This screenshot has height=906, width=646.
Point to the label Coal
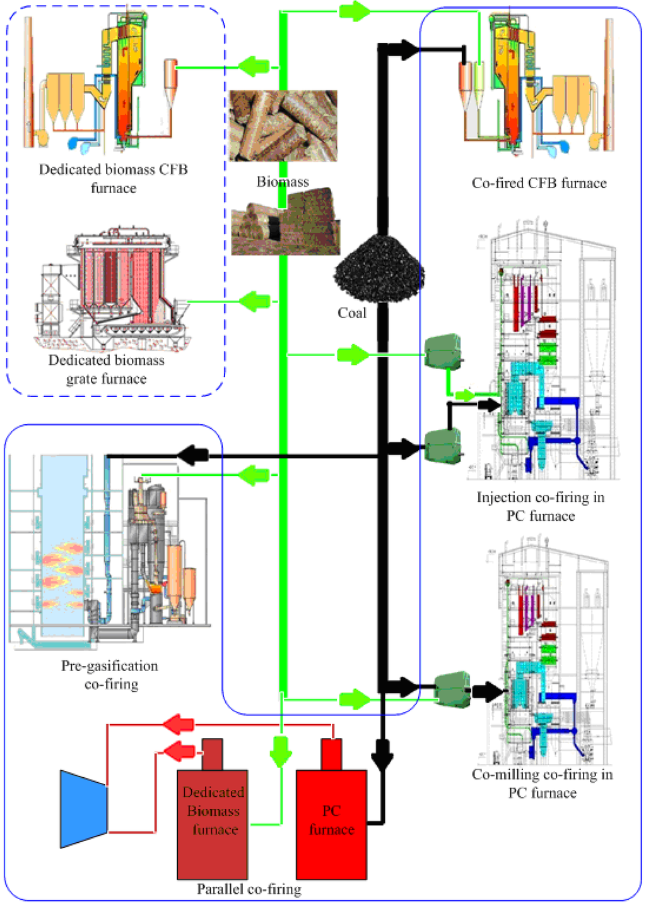[351, 313]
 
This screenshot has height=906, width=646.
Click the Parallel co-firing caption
[249, 890]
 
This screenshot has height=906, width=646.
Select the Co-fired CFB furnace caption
[539, 183]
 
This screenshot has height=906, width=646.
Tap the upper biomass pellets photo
[283, 126]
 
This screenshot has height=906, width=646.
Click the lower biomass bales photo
[285, 222]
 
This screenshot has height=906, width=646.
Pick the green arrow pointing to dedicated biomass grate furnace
[254, 302]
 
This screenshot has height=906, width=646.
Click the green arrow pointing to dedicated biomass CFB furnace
[254, 66]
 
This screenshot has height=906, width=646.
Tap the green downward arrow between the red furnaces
[281, 751]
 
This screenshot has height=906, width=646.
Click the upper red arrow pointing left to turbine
[179, 724]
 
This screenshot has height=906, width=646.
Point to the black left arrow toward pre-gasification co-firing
[192, 455]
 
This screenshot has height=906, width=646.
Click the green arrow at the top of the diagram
[355, 11]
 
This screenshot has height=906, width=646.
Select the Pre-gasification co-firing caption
[110, 675]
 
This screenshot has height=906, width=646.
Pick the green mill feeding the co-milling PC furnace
[452, 689]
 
